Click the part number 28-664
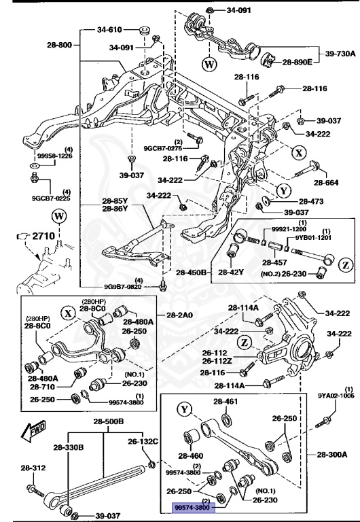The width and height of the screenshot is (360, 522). pos(325,184)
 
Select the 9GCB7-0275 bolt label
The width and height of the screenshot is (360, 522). pos(162,147)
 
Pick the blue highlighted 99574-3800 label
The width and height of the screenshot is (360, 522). pos(193,506)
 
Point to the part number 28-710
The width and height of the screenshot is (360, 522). pos(42,386)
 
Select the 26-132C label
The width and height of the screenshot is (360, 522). pos(143,442)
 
